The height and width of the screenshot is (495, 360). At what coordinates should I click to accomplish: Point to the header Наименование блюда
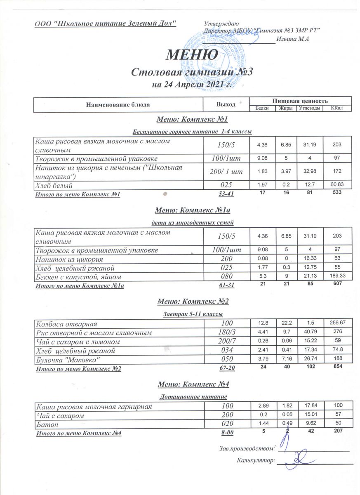[x=118, y=104]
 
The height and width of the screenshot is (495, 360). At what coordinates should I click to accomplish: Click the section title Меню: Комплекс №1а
[x=192, y=210]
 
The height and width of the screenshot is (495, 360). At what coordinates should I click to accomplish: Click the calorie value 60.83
[x=337, y=186]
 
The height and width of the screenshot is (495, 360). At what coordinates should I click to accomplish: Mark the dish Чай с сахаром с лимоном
[x=78, y=342]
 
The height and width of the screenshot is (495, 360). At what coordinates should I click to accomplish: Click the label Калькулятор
[x=256, y=460]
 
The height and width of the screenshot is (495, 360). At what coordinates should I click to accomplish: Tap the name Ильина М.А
[x=293, y=39]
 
